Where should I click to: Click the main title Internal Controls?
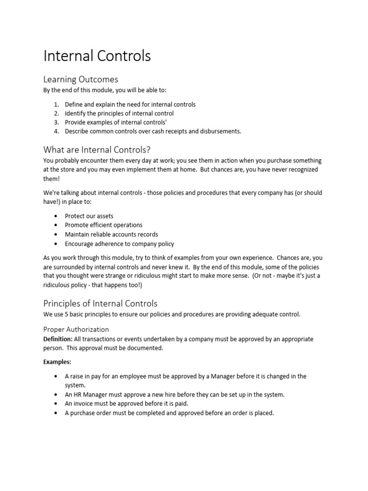(x=97, y=56)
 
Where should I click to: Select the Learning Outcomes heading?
(x=80, y=79)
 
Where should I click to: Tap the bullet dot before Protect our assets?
(x=56, y=216)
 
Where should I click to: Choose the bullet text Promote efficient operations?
(x=103, y=225)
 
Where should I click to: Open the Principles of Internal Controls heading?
(x=100, y=304)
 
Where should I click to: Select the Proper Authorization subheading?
(x=76, y=329)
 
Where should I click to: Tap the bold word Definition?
(x=58, y=339)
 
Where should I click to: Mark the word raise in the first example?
(x=77, y=376)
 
